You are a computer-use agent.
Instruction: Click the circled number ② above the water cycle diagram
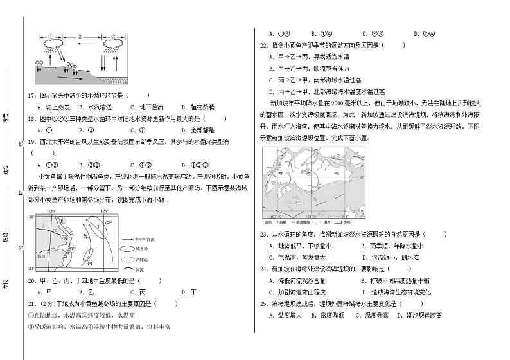pyautogui.click(x=80, y=37)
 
